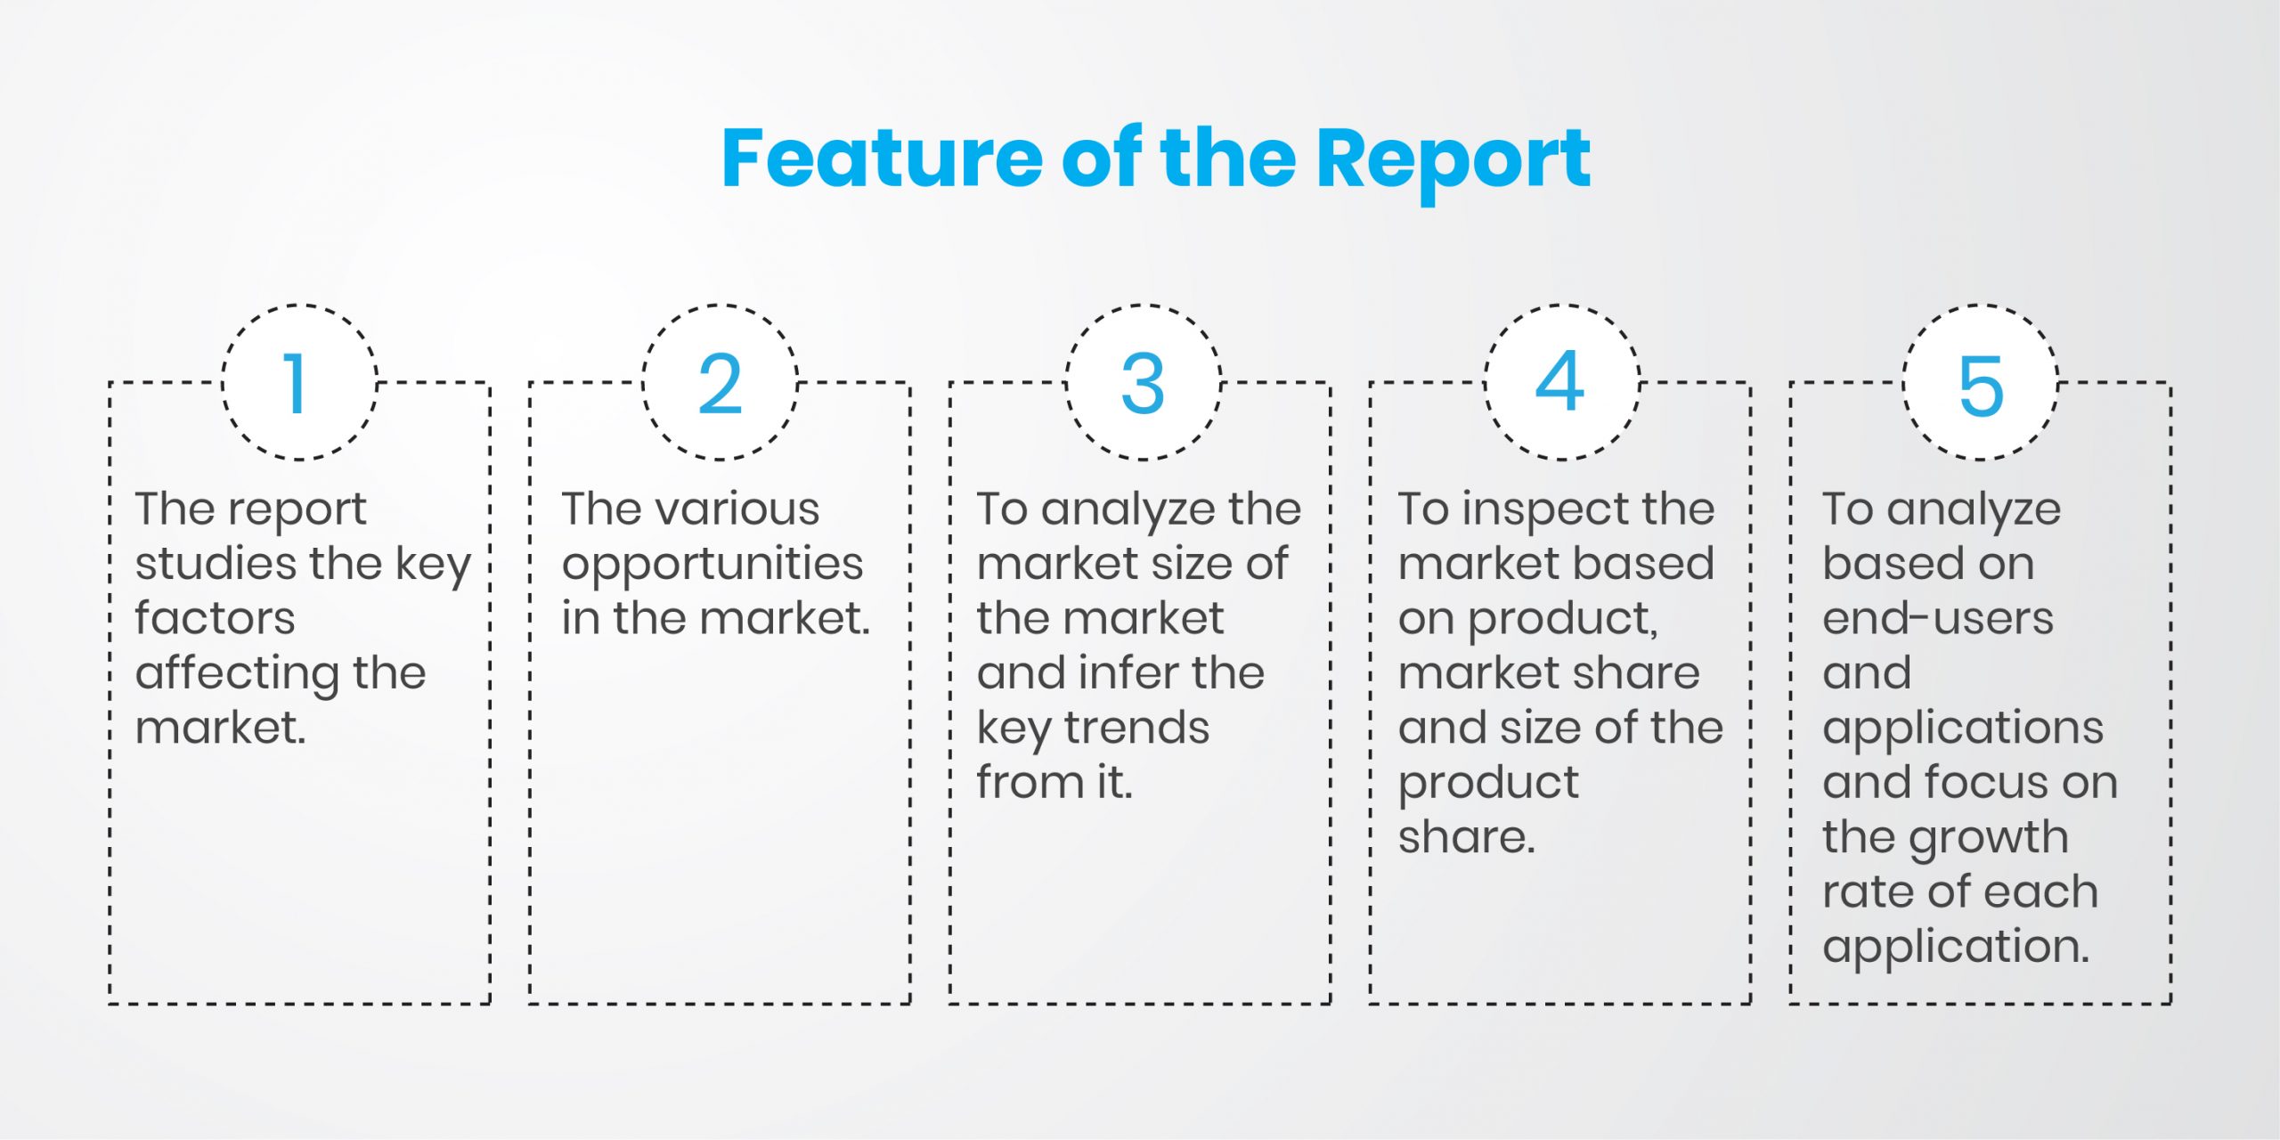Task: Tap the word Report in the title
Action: [1453, 165]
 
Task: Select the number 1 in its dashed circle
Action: [296, 384]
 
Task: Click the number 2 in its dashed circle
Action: [720, 384]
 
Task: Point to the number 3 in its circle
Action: [1143, 384]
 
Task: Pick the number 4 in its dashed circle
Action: [1560, 381]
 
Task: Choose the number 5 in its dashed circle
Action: [1981, 386]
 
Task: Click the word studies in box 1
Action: [216, 564]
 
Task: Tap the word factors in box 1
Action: [215, 618]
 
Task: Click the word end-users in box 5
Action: [1938, 618]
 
